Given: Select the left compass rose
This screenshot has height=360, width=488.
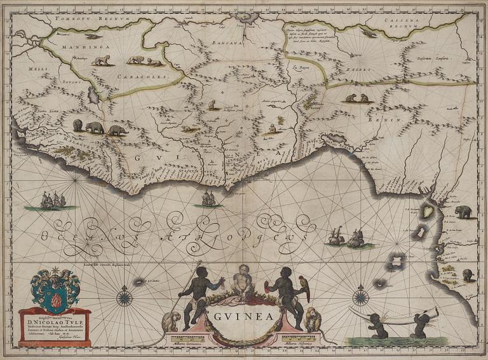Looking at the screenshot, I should click(x=124, y=296).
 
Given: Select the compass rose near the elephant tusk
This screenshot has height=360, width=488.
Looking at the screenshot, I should click(x=361, y=296).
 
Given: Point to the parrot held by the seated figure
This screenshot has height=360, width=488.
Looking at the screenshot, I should click(x=306, y=287).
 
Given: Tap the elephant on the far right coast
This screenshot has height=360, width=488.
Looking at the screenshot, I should click(x=463, y=211).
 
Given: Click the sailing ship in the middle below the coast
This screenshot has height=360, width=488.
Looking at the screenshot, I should click(x=208, y=199).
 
